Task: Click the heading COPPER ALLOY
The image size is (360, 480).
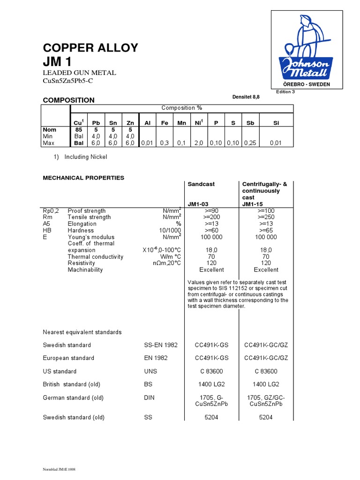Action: click(90, 48)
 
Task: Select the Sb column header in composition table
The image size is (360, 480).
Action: click(250, 122)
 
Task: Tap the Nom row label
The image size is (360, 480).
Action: click(49, 129)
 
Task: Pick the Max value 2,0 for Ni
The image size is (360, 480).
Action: click(200, 143)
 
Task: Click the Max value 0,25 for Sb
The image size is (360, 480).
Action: click(250, 143)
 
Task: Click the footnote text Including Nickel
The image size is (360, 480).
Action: click(86, 157)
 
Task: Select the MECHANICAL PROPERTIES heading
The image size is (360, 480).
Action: click(83, 178)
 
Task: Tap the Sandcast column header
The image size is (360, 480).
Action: click(201, 184)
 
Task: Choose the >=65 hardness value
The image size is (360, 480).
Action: click(266, 230)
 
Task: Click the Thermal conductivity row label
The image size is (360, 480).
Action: click(96, 256)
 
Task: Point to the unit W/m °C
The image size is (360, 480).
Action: click(171, 256)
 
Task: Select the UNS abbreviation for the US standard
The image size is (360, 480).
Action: click(151, 371)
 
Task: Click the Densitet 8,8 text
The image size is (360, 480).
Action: click(246, 96)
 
